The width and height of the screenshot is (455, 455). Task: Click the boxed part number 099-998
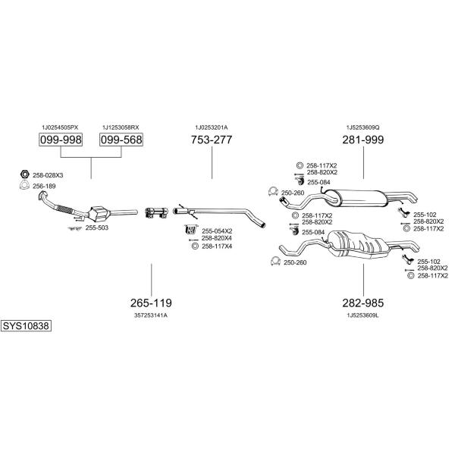coord(61,140)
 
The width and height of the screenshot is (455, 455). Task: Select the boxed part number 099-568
coord(121,140)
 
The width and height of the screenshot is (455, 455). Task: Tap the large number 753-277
coord(212,140)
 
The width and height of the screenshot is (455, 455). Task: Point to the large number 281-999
coord(363,140)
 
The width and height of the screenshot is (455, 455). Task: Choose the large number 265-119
coord(151,303)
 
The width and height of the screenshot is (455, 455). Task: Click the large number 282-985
coord(363,303)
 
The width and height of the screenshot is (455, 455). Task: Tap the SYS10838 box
coord(26,326)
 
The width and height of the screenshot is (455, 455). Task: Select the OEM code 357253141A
coord(151,315)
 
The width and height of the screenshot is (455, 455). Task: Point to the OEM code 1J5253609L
coord(363,315)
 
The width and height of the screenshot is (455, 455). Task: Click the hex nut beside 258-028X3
coord(25,174)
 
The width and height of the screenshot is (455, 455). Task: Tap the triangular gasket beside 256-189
coord(24,185)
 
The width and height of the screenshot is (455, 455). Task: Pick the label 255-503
coord(96,228)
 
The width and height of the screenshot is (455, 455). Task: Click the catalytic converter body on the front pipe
coord(99,214)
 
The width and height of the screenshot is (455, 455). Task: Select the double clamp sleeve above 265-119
coord(156,212)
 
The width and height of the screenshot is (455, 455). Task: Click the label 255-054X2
coord(217,231)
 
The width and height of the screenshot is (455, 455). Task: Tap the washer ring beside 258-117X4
coord(196,246)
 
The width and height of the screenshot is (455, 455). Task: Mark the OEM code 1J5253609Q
coord(363,127)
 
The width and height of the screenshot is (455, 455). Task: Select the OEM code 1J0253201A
coord(212,127)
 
